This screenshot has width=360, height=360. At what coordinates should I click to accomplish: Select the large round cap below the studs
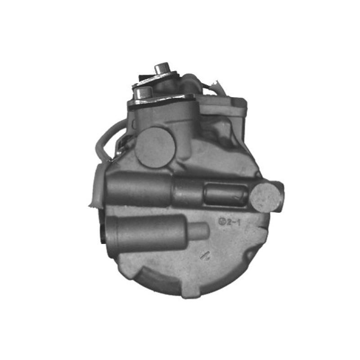point(154,147)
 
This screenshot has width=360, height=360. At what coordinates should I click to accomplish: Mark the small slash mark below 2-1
point(205,255)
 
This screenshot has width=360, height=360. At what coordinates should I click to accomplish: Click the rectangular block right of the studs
point(224,108)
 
